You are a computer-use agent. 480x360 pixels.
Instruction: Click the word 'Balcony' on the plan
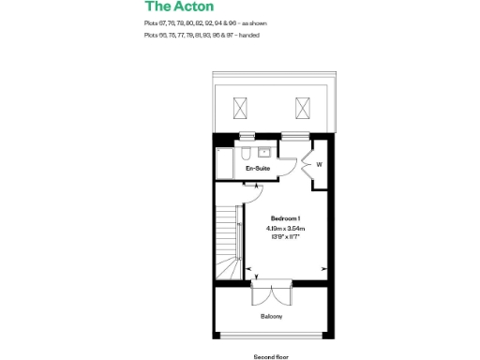tap(272, 316)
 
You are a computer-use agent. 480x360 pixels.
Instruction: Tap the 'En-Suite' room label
tap(258, 169)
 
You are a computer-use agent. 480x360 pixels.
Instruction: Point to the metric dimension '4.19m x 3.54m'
tap(285, 228)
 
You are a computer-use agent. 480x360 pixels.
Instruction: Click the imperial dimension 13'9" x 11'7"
tap(285, 236)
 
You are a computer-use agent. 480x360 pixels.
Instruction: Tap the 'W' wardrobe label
tap(319, 166)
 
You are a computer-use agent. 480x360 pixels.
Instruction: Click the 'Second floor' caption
tap(270, 356)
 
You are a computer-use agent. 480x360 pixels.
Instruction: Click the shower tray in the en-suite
tap(225, 164)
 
